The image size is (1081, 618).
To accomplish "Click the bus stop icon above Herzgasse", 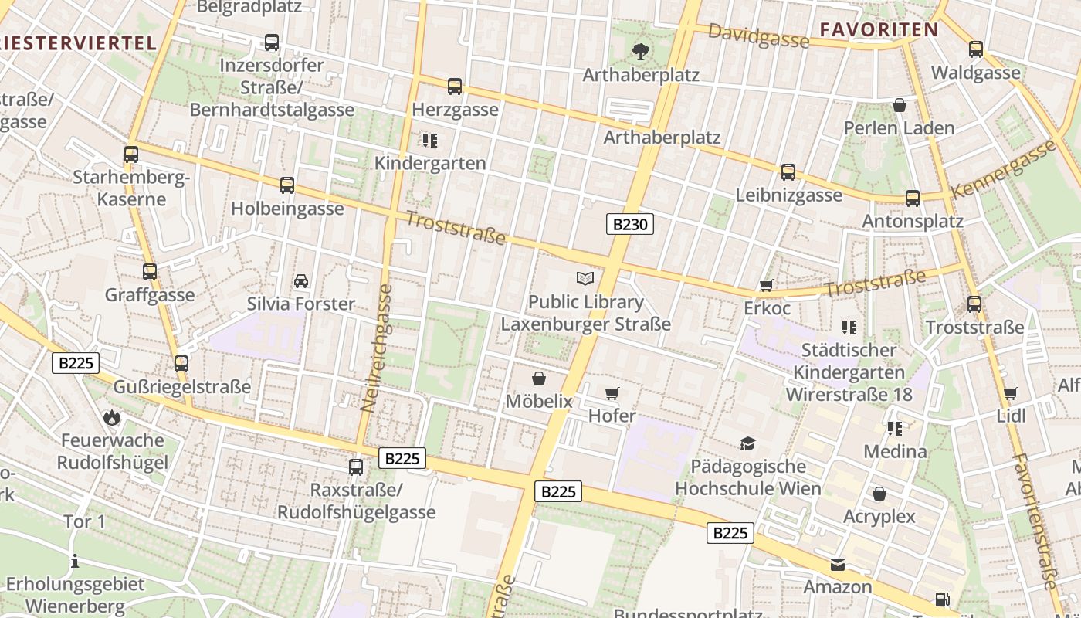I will point(455,87).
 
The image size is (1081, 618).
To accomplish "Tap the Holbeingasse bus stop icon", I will point(287,185).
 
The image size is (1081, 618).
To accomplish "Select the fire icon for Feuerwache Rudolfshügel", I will point(112,418).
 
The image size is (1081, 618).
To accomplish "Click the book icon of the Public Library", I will point(586,278).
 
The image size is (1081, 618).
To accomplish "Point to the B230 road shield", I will point(629,225).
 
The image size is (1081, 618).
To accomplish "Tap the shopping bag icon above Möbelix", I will point(539,379).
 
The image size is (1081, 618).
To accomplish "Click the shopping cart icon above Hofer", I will point(612,394).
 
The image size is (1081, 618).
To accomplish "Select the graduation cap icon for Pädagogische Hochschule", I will point(747,443).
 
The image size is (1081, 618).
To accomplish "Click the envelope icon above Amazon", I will point(838,565).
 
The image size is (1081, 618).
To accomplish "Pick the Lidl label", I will point(1011,416).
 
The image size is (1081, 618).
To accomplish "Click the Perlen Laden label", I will point(899,127).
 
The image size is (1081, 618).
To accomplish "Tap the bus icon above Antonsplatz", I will point(913,199).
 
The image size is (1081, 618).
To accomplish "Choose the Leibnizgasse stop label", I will point(788,195).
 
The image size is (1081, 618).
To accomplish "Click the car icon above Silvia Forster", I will point(301,281).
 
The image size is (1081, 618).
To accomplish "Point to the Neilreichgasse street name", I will point(376,348).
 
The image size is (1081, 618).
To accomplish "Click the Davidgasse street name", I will point(757,36).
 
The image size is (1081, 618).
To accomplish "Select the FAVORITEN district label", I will point(879,30).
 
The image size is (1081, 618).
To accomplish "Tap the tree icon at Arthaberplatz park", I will point(640,52).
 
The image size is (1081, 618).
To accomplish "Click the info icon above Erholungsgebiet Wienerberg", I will point(75,561).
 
